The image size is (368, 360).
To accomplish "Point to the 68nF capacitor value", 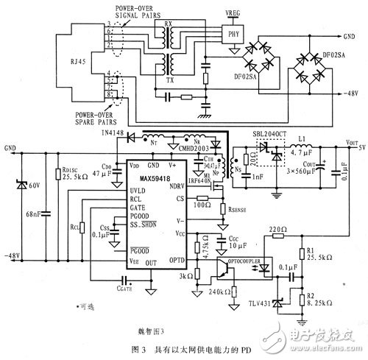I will click(x=33, y=214).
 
